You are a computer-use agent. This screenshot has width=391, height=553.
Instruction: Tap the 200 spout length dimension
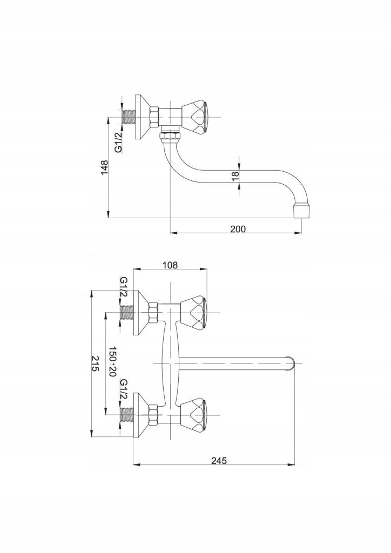pyautogui.click(x=238, y=228)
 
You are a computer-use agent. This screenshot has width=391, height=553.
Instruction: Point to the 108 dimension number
pyautogui.click(x=170, y=265)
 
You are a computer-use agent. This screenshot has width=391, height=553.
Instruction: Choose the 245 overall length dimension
pyautogui.click(x=219, y=460)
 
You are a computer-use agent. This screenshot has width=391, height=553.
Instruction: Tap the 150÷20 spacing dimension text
pyautogui.click(x=112, y=361)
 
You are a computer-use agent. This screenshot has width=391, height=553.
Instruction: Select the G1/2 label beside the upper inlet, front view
pyautogui.click(x=123, y=286)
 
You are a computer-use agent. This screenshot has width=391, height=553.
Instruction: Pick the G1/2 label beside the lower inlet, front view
pyautogui.click(x=123, y=389)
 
